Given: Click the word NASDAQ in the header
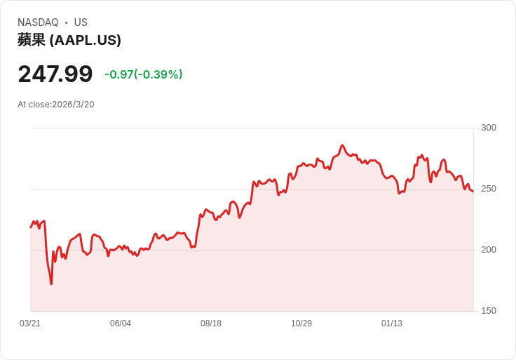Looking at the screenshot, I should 38,22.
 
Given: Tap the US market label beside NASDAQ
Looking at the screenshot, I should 81,22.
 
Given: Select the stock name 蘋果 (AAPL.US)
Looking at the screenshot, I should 69,40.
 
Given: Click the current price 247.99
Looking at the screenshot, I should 55,74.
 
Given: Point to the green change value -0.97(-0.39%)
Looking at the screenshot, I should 144,74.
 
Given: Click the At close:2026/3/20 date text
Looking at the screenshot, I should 56,105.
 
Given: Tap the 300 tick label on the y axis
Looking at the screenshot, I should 488,128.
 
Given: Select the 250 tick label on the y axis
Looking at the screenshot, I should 488,189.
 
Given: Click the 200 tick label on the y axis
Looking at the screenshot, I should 488,250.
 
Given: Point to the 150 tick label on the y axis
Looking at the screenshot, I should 488,311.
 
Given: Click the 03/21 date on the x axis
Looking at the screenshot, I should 30,324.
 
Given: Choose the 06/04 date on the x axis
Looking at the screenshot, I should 121,324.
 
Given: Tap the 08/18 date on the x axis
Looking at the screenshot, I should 211,324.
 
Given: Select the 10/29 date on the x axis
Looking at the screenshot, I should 301,324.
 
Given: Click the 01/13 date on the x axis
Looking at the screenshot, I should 392,324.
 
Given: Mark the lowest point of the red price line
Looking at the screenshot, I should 51,284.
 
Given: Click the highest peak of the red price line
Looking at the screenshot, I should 342,145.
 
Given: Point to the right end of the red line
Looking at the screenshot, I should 473,192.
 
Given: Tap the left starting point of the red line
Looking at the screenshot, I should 31,227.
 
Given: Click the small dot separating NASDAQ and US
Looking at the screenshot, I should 67,22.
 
